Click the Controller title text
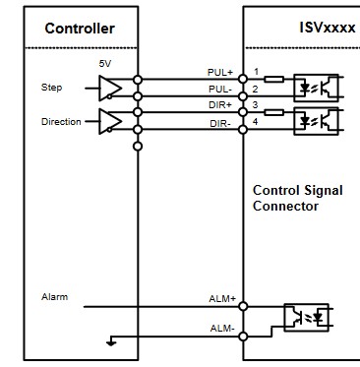click(80, 29)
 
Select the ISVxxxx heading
click(328, 28)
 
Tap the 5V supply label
click(105, 63)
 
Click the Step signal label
click(51, 88)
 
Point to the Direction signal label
click(61, 121)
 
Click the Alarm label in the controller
click(54, 297)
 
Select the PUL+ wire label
click(219, 72)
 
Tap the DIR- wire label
click(220, 124)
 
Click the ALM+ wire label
click(222, 299)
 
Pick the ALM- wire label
click(222, 329)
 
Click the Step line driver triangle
click(110, 88)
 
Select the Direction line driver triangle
click(110, 121)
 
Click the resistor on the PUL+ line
click(273, 79)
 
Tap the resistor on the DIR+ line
click(273, 112)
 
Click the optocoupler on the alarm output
click(306, 317)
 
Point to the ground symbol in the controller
click(111, 341)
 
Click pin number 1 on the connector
click(257, 71)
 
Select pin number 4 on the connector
click(255, 122)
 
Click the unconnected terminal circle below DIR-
click(138, 147)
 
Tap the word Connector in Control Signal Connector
click(285, 206)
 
